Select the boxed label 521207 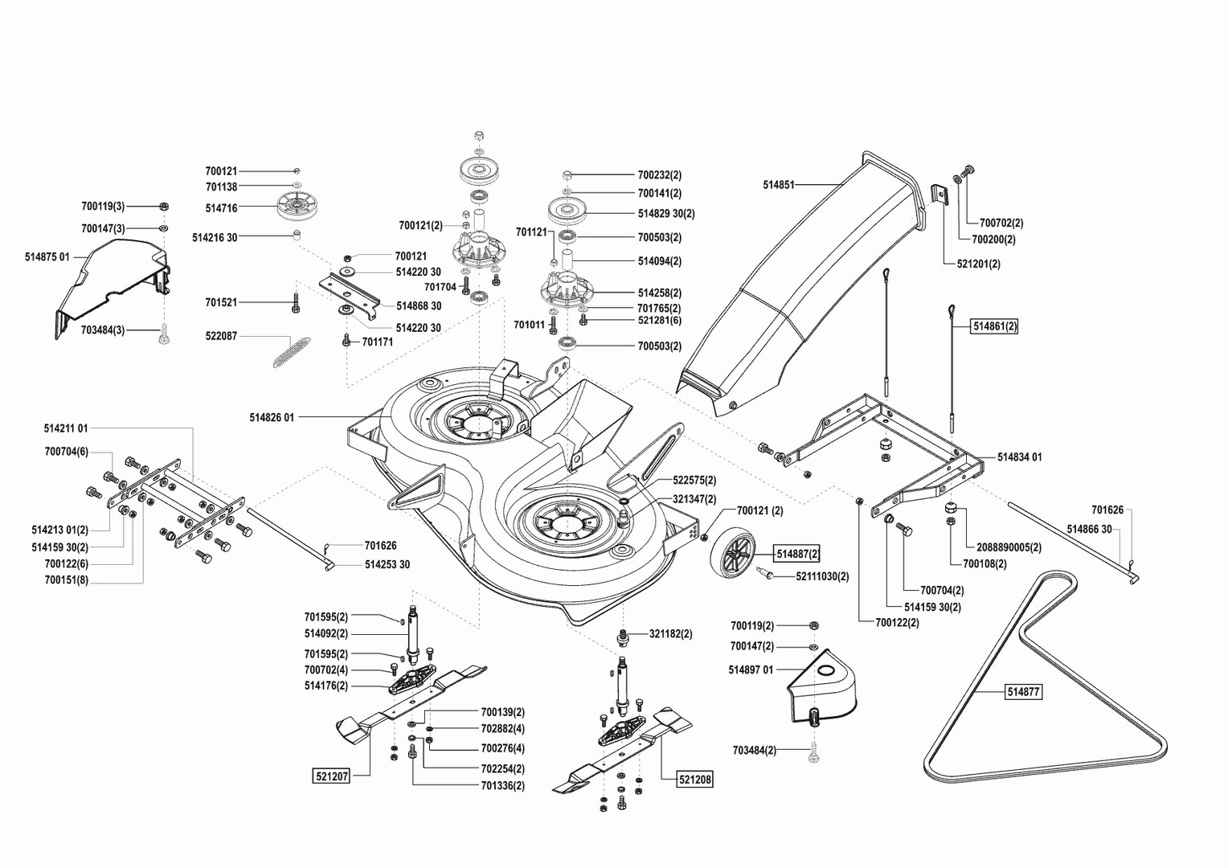330,776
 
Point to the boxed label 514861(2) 995,326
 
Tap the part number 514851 778,185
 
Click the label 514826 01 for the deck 272,417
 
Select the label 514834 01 1019,457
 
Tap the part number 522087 221,336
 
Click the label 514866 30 1089,529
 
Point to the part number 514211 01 66,428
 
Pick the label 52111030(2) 822,576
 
